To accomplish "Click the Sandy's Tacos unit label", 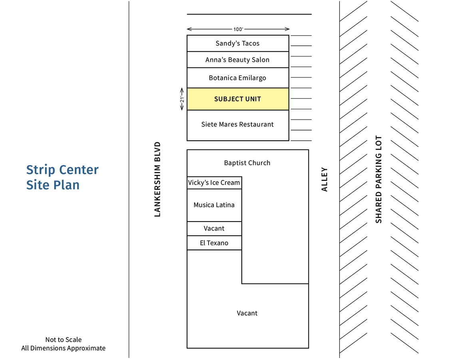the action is [x=237, y=43].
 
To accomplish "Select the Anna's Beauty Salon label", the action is [x=237, y=60].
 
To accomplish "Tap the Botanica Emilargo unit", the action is [x=238, y=78].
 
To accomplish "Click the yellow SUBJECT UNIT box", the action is [x=238, y=99].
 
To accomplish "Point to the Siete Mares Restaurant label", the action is [x=237, y=124].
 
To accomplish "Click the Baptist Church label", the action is [x=247, y=163].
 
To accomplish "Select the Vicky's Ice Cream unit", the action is [x=214, y=183].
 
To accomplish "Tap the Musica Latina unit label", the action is [x=214, y=205].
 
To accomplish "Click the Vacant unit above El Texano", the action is [x=214, y=228].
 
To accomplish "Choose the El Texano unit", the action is [x=214, y=243].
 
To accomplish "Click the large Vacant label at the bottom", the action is [x=247, y=313].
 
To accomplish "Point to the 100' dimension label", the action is [x=238, y=29].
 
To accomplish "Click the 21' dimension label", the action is [x=182, y=99].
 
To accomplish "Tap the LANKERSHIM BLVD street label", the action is [x=157, y=179].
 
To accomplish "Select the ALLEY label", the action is [x=324, y=179].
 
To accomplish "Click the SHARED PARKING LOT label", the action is [x=378, y=179].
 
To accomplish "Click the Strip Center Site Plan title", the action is [x=62, y=177].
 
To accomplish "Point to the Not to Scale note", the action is [x=64, y=340].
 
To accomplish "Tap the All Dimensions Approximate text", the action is [x=64, y=348].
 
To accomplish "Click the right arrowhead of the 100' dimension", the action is [x=287, y=29].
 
